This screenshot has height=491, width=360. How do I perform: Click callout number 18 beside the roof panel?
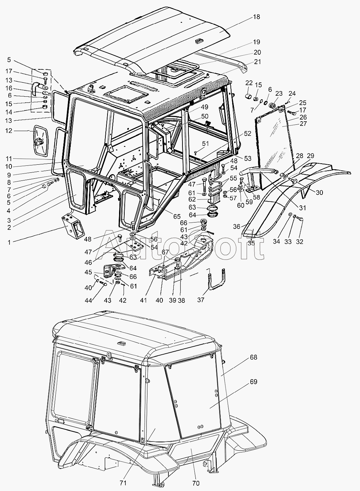pyautogui.click(x=257, y=17)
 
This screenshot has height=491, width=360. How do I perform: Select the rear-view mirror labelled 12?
pyautogui.click(x=40, y=141)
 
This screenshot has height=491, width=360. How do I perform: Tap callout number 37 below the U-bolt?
pyautogui.click(x=200, y=300)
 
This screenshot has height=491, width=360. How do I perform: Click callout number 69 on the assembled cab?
pyautogui.click(x=253, y=382)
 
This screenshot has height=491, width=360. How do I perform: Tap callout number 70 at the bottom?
pyautogui.click(x=196, y=483)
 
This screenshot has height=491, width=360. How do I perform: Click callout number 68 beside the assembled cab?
pyautogui.click(x=253, y=357)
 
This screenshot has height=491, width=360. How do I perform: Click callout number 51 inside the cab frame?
pyautogui.click(x=205, y=143)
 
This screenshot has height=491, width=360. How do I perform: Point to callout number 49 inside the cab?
pyautogui.click(x=195, y=107)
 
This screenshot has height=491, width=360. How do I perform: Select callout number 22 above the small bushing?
pyautogui.click(x=249, y=83)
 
